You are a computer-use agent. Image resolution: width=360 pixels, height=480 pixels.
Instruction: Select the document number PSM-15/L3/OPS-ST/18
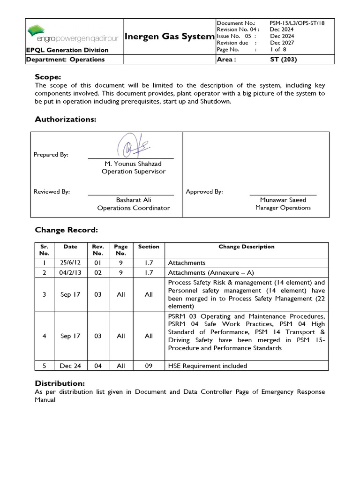[x=297, y=22]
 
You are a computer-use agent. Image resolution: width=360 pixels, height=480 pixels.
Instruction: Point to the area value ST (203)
[x=284, y=60]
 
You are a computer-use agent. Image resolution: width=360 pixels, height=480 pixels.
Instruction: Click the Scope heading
[x=48, y=77]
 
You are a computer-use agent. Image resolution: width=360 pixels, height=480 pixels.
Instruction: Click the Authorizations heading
[x=65, y=120]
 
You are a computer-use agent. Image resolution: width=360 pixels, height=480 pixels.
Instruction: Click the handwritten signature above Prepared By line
[x=134, y=145]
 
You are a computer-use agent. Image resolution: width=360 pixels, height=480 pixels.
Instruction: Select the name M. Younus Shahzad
[x=133, y=164]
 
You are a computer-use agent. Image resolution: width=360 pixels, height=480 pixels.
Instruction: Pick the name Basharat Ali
[x=133, y=200]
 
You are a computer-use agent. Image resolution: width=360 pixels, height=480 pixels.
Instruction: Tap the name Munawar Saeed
[x=283, y=200]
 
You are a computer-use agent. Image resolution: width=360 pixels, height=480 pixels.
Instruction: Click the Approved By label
[x=204, y=191]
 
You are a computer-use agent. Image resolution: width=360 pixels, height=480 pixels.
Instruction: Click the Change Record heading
[x=66, y=230]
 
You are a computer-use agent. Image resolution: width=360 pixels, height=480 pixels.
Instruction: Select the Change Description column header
[x=247, y=247]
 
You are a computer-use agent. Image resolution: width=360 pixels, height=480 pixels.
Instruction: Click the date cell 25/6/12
[x=70, y=263]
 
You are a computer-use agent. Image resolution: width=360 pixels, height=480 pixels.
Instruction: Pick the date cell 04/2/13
[x=70, y=272]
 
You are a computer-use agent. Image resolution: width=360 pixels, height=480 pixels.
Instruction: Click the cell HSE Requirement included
[x=207, y=366]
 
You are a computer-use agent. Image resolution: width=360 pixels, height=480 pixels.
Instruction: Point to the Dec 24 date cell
[x=70, y=366]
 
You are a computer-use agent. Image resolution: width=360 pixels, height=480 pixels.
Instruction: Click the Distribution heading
[x=60, y=383]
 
